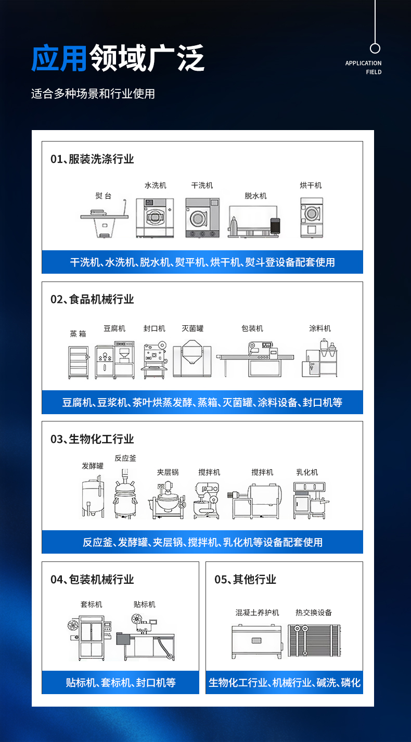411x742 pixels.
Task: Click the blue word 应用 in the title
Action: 59,58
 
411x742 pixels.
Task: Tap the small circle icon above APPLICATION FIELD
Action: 375,48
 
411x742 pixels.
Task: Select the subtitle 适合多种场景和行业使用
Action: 93,94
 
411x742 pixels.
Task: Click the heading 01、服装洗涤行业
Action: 92,159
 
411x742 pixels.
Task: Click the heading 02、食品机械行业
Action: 92,299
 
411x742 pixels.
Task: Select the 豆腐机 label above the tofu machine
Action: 114,328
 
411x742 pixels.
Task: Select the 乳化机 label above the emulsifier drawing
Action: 307,472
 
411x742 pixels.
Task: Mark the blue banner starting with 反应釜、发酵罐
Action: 202,542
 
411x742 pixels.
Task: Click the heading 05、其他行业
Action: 246,580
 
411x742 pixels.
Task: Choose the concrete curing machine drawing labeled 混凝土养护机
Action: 257,642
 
